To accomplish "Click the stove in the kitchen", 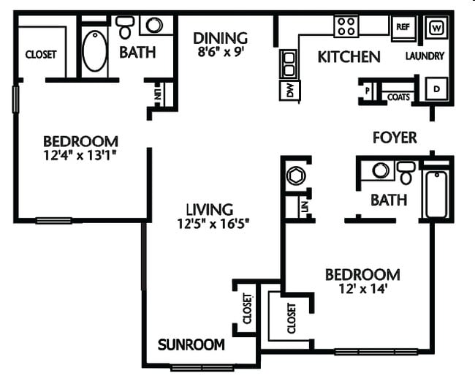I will point(346,27).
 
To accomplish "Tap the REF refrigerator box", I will point(402,27).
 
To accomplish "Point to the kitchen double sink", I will point(289,64).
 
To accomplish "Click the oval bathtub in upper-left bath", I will point(94,50).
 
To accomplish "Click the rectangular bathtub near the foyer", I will point(436,194).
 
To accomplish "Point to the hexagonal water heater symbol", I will point(295,176).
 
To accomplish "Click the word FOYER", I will point(394,138).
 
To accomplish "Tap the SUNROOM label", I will point(191,345).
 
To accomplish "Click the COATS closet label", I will point(398,96).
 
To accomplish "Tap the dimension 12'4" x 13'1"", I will point(80,155).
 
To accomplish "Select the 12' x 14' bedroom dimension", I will point(362,289).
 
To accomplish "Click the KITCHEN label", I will point(349,56).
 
